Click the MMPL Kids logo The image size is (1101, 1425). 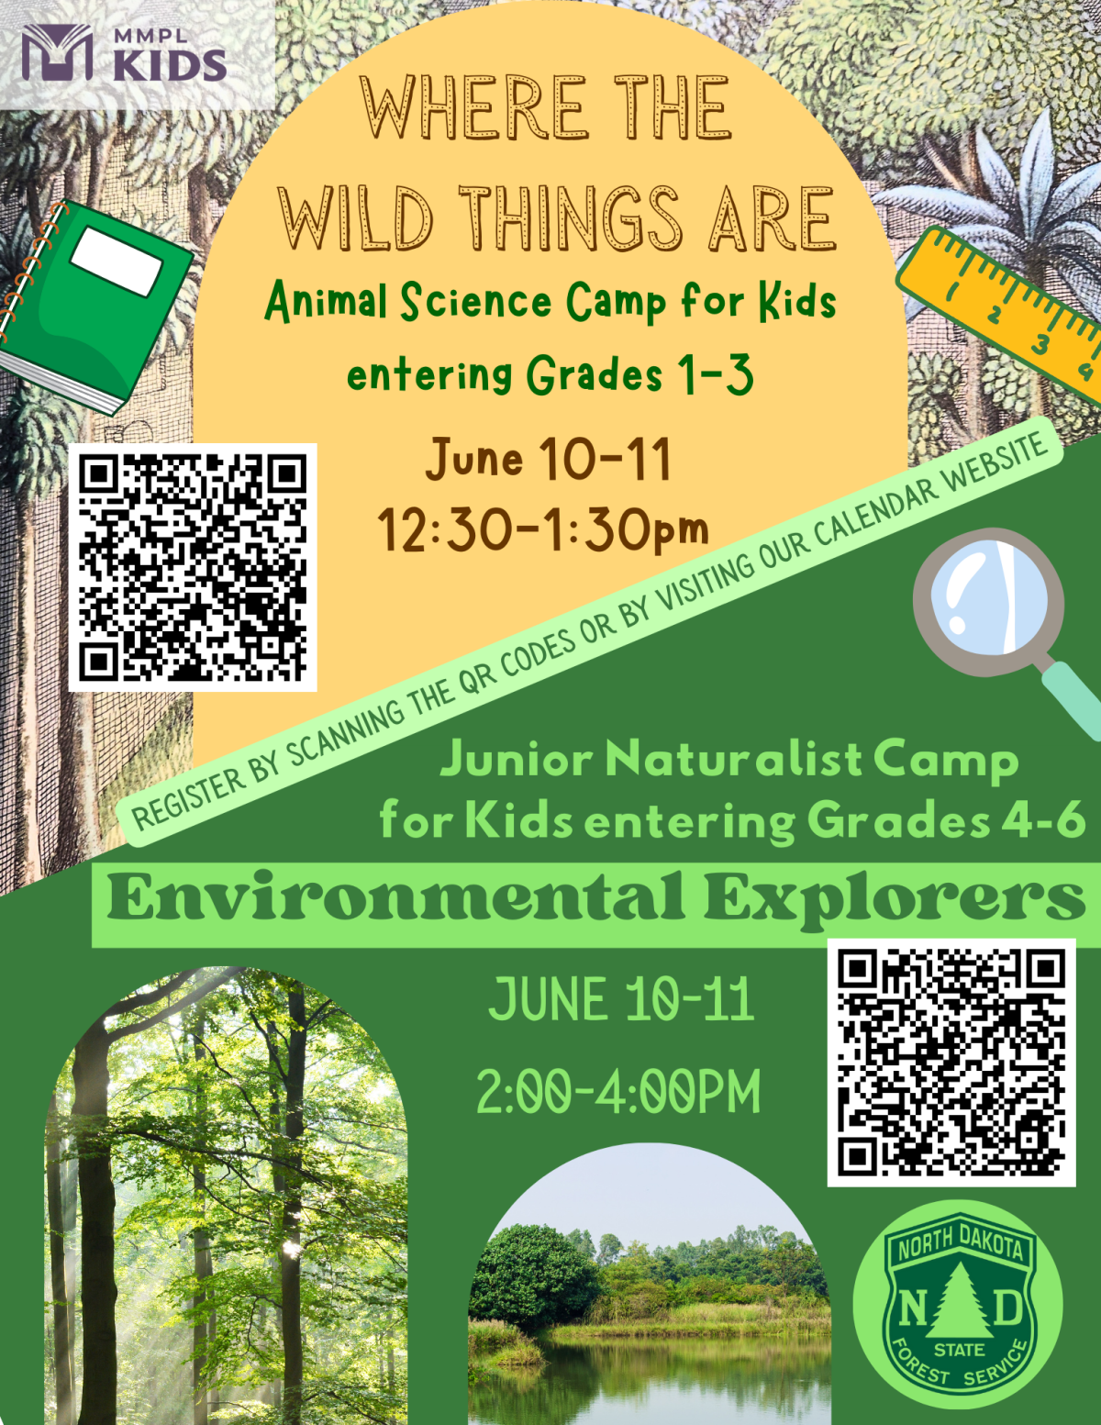point(125,53)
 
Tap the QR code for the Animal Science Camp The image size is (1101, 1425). point(193,567)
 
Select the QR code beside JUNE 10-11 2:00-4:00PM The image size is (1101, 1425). point(951,1062)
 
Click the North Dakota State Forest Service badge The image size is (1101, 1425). point(958,1304)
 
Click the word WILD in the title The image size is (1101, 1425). point(356,219)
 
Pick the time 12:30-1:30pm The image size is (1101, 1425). point(543,530)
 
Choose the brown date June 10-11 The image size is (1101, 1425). point(549,459)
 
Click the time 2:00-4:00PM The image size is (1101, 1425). point(619,1092)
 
